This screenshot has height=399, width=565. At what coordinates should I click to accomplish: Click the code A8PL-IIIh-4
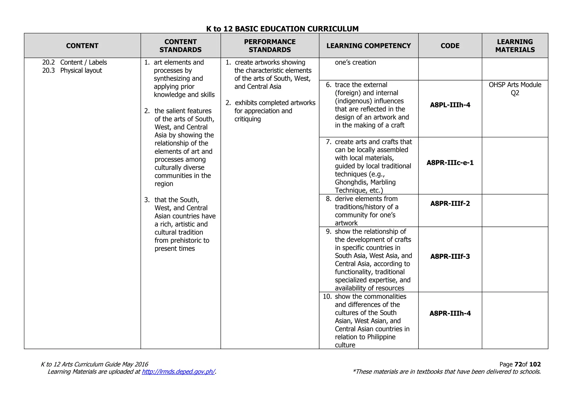click(x=450, y=105)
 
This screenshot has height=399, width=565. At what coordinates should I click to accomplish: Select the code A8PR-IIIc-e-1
click(x=450, y=163)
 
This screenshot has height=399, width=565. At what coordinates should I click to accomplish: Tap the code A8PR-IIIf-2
click(x=450, y=204)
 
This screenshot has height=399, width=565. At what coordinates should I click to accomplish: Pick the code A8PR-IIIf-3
click(x=450, y=257)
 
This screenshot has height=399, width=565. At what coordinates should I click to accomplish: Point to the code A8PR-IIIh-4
click(x=450, y=313)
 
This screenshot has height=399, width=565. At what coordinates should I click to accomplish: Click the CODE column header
click(x=450, y=46)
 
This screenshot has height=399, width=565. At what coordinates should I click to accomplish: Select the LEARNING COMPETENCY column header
click(x=369, y=46)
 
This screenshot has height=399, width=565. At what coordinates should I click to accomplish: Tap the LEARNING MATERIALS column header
click(x=515, y=46)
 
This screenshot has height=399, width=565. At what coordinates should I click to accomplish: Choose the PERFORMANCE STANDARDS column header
click(x=270, y=46)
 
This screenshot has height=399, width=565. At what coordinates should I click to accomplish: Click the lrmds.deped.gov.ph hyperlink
click(x=178, y=372)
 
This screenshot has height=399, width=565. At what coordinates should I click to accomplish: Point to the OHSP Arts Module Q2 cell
click(x=515, y=89)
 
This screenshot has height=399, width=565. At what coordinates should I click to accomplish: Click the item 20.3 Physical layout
click(x=72, y=71)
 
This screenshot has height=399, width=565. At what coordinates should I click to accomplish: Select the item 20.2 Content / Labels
click(x=74, y=63)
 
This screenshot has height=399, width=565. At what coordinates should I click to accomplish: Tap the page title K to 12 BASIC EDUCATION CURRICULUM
click(x=282, y=29)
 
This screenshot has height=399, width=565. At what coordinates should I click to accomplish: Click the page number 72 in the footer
click(x=518, y=364)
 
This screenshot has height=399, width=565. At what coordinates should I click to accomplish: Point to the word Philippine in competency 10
click(x=381, y=337)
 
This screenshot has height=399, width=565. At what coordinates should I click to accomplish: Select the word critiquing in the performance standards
click(x=247, y=119)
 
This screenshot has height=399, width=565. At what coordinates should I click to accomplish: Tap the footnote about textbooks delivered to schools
click(x=446, y=372)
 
